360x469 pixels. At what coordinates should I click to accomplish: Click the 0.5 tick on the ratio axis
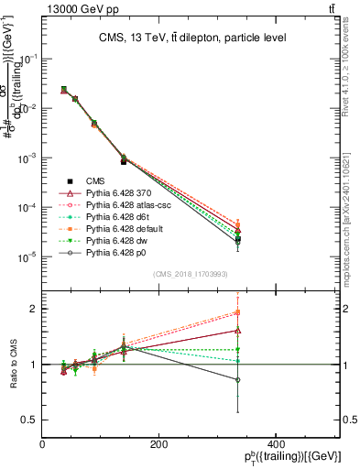(29, 420)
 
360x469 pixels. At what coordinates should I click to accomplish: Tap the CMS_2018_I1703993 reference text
(191, 274)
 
